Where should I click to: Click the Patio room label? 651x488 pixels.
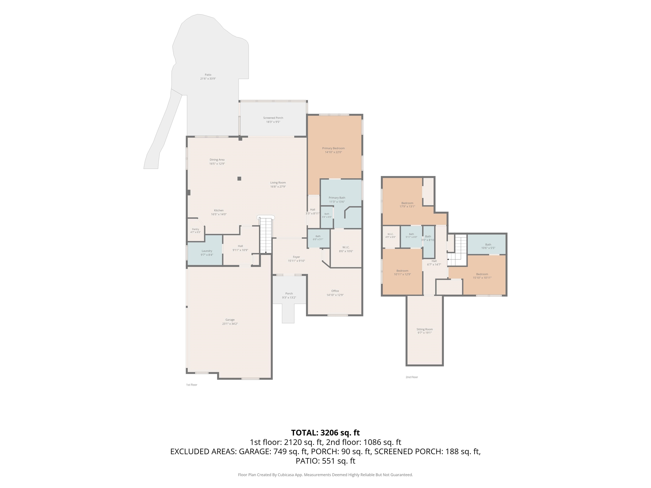[x=208, y=75]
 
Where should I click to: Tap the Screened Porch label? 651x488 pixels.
[x=273, y=118]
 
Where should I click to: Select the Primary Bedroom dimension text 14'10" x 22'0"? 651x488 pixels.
[x=333, y=152]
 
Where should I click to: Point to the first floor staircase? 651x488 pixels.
[x=266, y=235]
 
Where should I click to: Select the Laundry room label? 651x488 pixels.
[x=207, y=251]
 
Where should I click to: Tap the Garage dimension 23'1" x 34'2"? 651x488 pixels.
[x=230, y=324]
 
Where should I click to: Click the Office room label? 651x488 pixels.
[x=335, y=291]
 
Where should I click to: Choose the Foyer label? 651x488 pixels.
[x=296, y=257]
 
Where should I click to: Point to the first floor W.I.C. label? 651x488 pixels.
[x=346, y=247]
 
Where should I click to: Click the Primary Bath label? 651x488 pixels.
[x=337, y=198]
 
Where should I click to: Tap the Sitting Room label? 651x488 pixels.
[x=425, y=329]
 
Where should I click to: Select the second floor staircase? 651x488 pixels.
[x=457, y=250]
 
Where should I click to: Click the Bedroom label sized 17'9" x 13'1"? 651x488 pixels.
[x=407, y=203]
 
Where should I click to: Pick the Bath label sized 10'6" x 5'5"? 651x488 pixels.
[x=488, y=244]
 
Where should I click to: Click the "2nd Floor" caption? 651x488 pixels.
[x=412, y=377]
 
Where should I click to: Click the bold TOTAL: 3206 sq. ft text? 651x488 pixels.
[x=325, y=433]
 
